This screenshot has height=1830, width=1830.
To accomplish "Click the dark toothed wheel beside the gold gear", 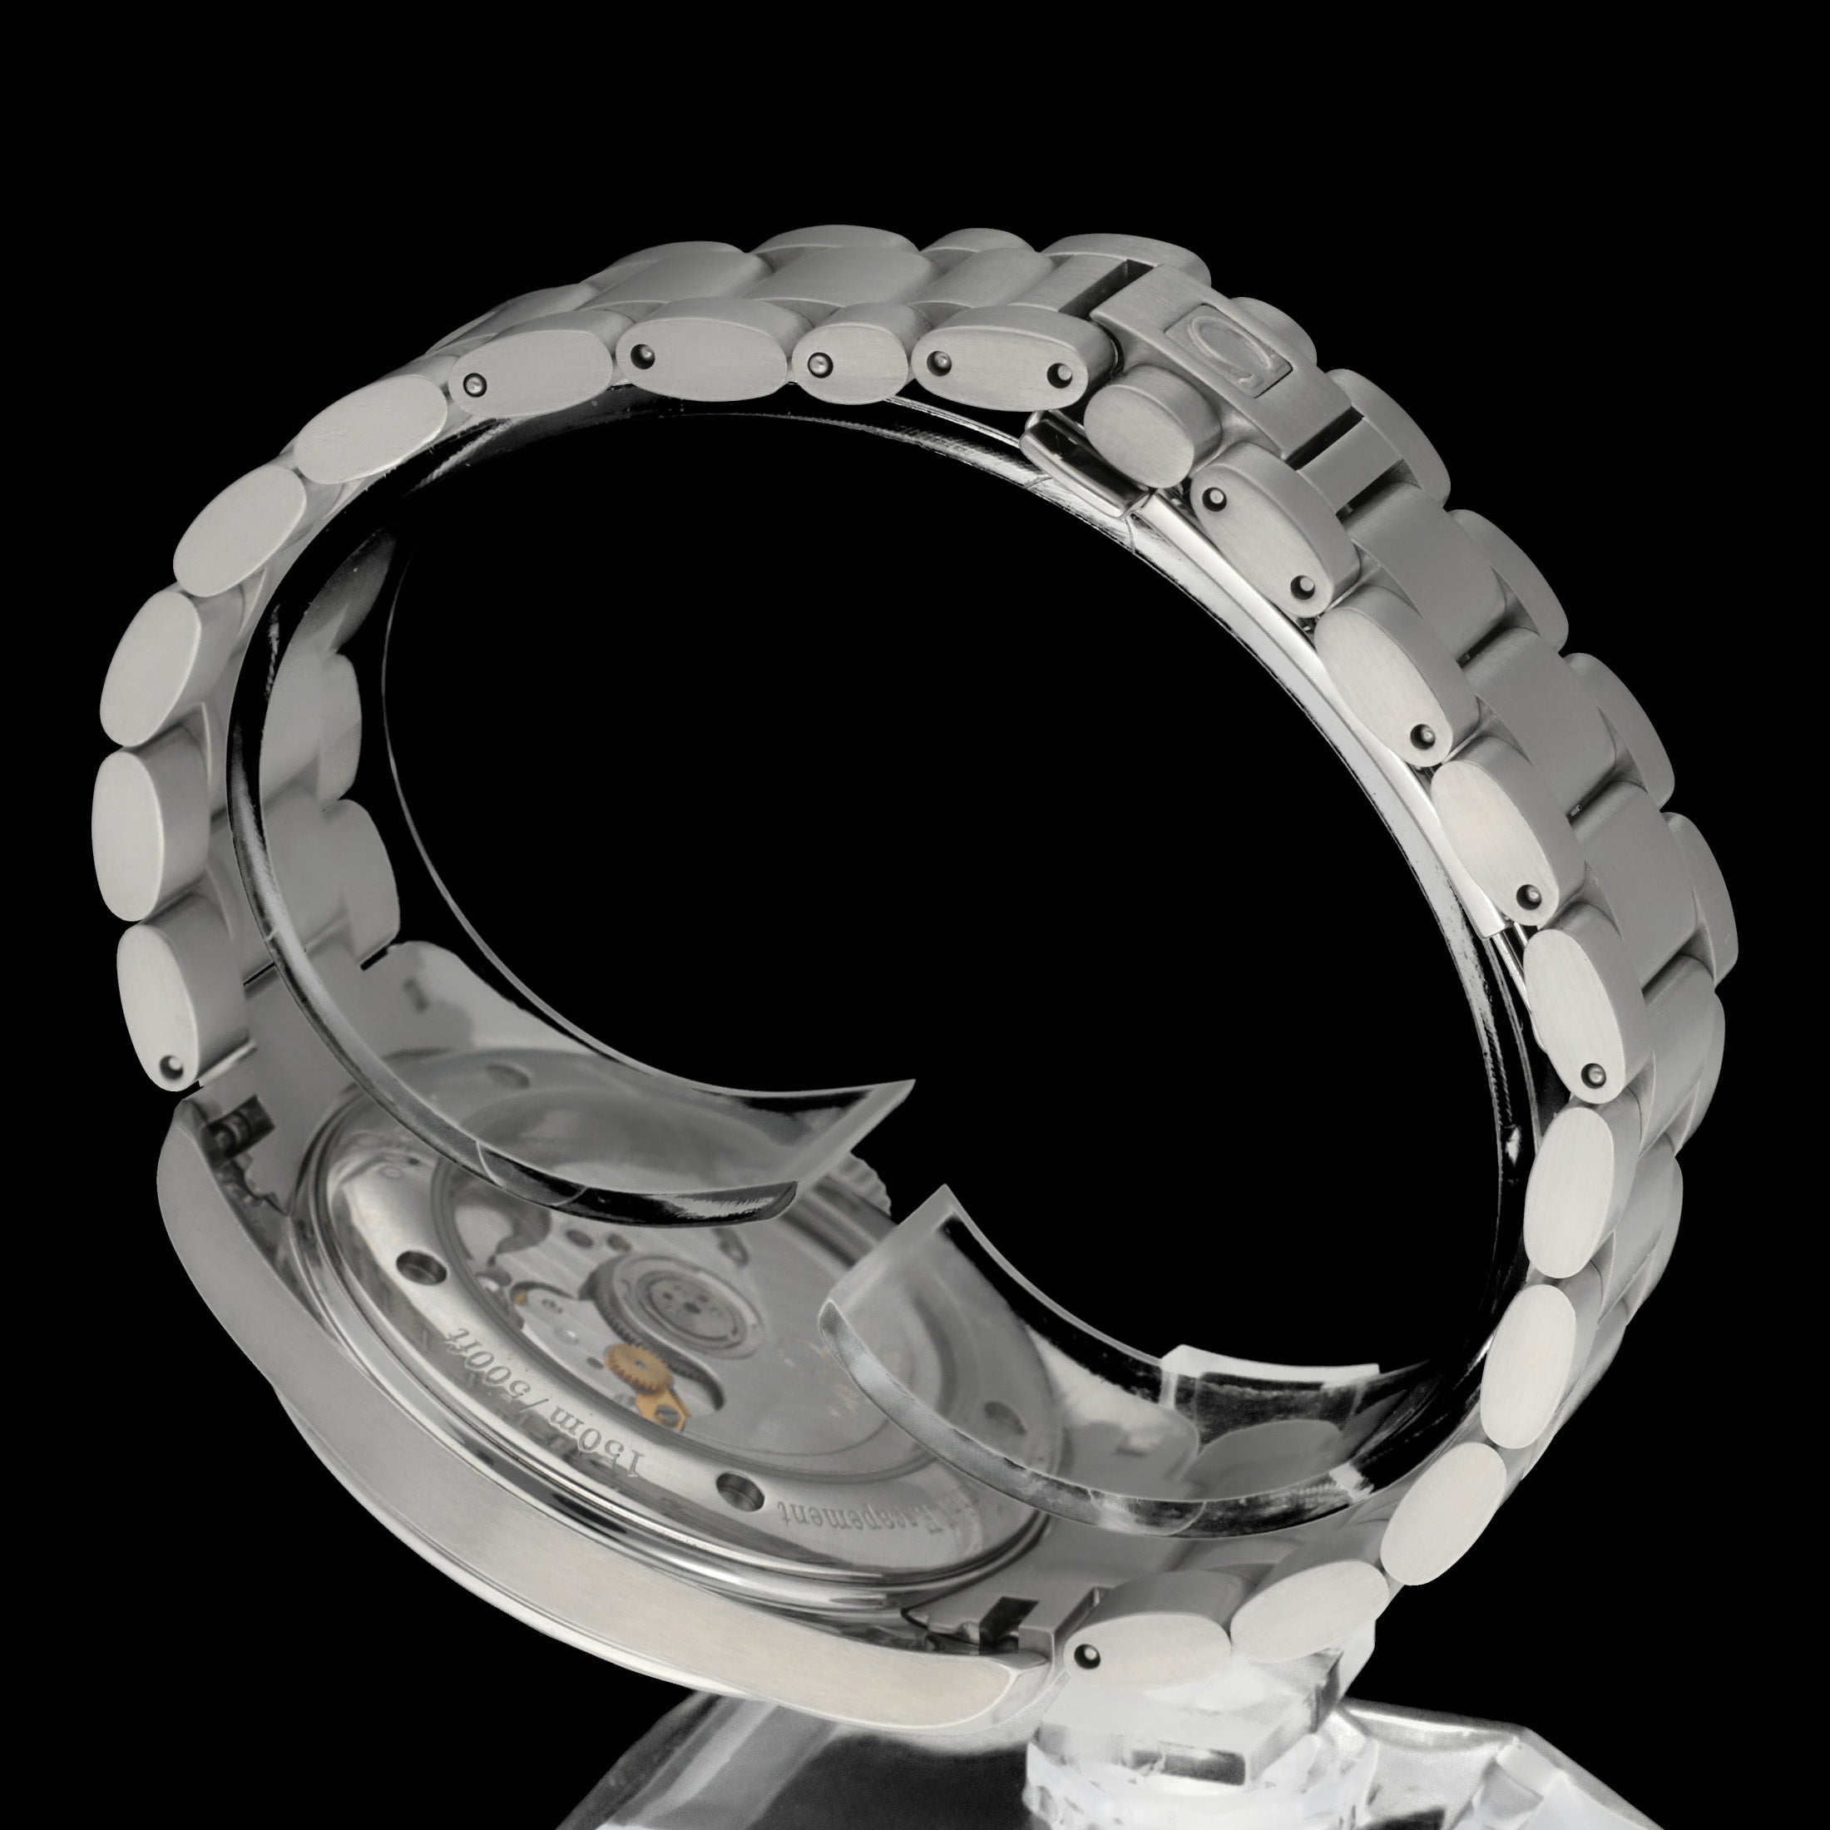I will pyautogui.click(x=654, y=1293).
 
